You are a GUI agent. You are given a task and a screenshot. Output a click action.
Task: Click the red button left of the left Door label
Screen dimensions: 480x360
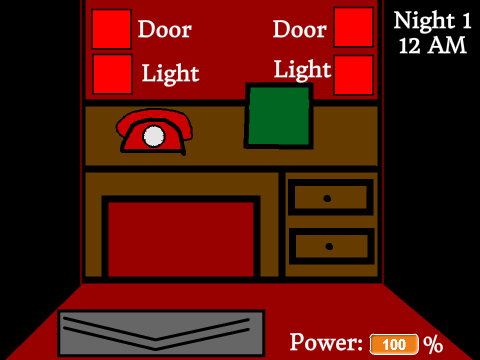(111, 29)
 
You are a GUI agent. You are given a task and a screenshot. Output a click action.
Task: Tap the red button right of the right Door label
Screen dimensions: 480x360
(353, 27)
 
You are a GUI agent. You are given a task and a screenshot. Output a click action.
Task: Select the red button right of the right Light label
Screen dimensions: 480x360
(353, 75)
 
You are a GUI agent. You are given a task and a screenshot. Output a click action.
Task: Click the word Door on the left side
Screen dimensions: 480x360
(165, 29)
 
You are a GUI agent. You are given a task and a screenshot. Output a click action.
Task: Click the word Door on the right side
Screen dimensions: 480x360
(300, 29)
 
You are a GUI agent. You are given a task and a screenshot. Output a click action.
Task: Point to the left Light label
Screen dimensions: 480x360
(170, 73)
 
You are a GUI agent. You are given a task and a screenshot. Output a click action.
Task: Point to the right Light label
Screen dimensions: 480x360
(303, 70)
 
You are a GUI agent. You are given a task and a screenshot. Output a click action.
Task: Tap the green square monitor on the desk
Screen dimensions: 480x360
(279, 116)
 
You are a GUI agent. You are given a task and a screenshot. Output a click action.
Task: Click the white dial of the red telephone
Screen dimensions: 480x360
(154, 136)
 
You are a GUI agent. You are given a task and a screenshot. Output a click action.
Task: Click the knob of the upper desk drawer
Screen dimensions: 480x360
(327, 199)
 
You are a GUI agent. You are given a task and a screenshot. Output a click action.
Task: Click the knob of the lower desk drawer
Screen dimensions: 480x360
(329, 247)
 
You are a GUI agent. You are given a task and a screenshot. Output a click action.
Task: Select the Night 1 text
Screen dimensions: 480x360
(432, 20)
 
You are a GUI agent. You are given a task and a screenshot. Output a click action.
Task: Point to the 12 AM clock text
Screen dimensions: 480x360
(432, 46)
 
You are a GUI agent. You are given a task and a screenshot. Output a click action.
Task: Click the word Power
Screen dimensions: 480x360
(326, 342)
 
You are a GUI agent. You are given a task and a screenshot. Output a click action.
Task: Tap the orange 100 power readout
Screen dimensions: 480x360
(394, 344)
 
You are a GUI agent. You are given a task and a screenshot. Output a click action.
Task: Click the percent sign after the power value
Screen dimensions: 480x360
(433, 345)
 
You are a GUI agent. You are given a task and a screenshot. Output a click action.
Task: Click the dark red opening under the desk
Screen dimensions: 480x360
(181, 239)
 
